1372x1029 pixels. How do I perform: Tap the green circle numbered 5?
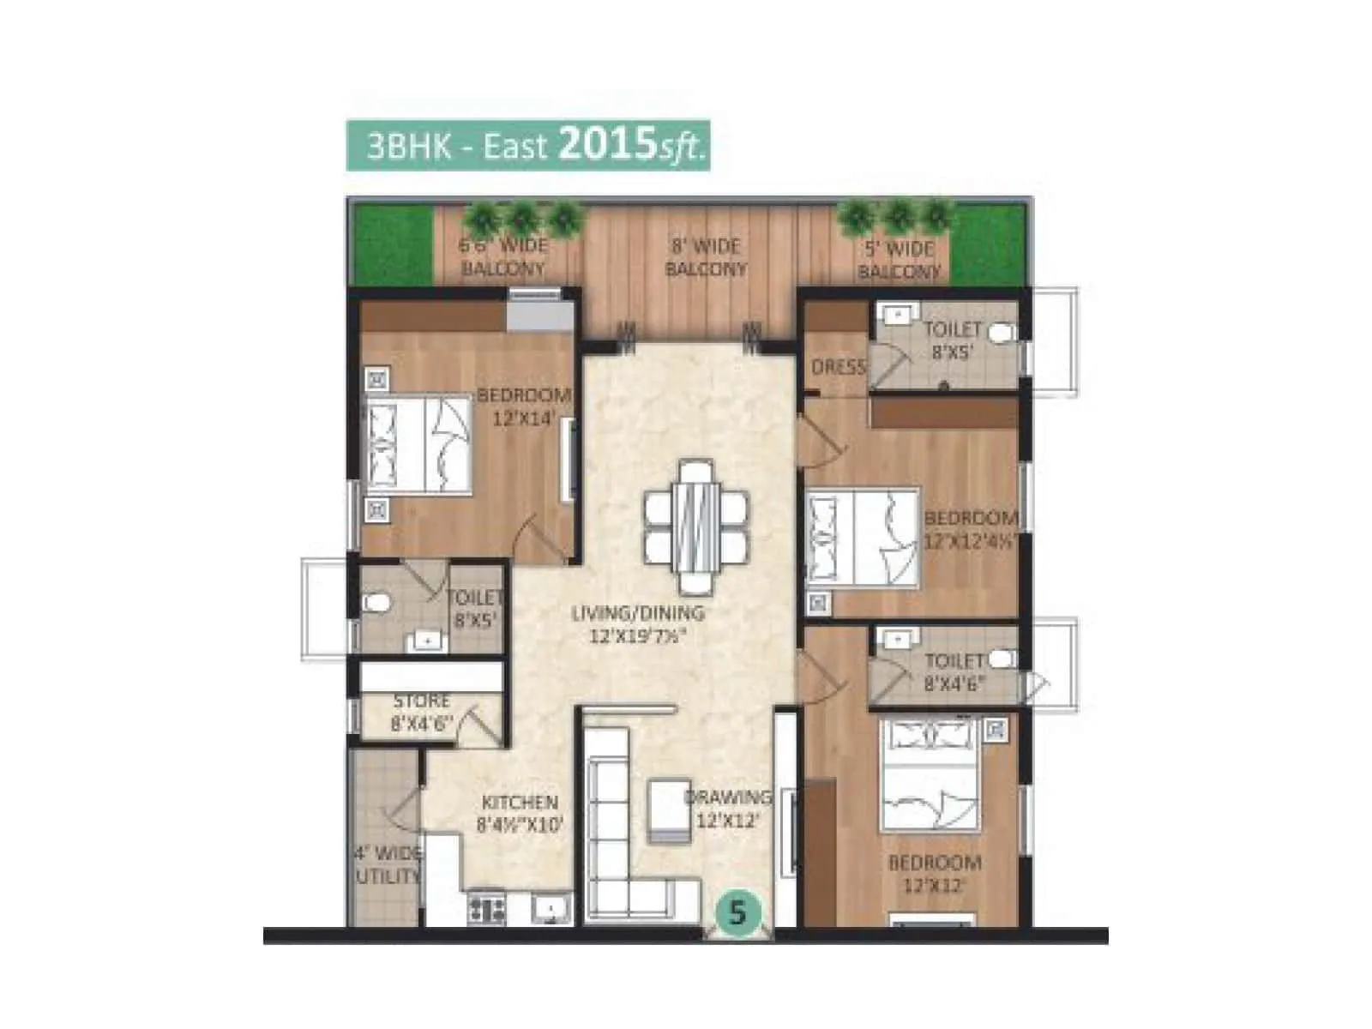pos(737,912)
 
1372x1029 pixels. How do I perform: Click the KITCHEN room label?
pos(520,803)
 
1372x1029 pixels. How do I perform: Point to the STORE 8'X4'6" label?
pos(421,712)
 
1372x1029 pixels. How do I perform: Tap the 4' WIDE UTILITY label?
pos(388,864)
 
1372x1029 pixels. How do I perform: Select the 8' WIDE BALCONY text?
pos(706,257)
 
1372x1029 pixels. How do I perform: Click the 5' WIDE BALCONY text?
pos(899,260)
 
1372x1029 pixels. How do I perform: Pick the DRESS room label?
pos(838,367)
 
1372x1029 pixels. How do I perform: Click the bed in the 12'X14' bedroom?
pos(418,444)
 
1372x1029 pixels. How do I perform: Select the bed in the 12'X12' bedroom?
pos(930,777)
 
